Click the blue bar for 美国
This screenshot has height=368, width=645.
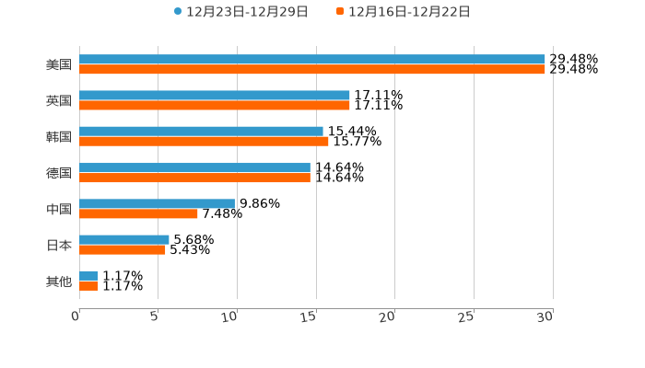pyautogui.click(x=312, y=59)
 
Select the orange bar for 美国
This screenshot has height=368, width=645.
pyautogui.click(x=312, y=69)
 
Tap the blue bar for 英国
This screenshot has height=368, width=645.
pyautogui.click(x=215, y=95)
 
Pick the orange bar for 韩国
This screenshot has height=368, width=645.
pyautogui.click(x=204, y=141)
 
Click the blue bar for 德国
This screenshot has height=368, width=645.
pyautogui.click(x=194, y=167)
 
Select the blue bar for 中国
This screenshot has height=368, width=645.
pyautogui.click(x=157, y=203)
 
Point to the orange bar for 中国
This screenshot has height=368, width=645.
pyautogui.click(x=138, y=213)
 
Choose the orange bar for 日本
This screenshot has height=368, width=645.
pyautogui.click(x=123, y=249)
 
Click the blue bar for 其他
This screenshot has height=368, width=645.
pyautogui.click(x=88, y=275)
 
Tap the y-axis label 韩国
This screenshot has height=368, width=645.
pyautogui.click(x=59, y=137)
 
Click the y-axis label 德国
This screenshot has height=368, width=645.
pyautogui.click(x=59, y=173)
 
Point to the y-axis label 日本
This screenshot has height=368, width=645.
pyautogui.click(x=59, y=246)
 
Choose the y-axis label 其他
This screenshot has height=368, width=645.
pyautogui.click(x=59, y=282)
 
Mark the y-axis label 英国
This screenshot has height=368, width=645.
pyautogui.click(x=59, y=100)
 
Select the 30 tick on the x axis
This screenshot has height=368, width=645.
pyautogui.click(x=546, y=317)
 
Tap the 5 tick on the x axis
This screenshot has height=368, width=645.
pyautogui.click(x=155, y=317)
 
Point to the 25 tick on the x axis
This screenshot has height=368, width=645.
pyautogui.click(x=468, y=317)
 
